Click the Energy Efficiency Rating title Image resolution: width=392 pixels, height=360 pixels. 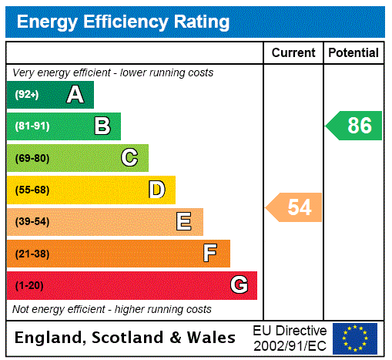pos(123,22)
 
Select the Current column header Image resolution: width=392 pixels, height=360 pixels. pos(293,52)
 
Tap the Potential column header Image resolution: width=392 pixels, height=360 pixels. pos(353,52)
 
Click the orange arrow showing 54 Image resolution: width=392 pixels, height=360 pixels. pos(295,207)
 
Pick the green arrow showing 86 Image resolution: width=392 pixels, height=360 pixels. pos(355,126)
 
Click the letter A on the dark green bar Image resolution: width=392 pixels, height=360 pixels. pos(75,95)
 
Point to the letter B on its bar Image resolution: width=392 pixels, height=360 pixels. pos(102,126)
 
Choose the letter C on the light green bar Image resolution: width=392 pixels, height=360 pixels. pos(129,158)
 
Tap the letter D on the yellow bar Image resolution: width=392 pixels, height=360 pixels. pos(156,190)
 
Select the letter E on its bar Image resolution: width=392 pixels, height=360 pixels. pos(184,222)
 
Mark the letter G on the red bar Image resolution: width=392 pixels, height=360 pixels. pos(239,285)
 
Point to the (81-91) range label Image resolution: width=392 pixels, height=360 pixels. pos(32,126)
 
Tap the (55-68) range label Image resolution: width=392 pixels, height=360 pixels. pos(32,190)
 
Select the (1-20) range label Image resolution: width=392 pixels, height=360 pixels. pos(29,286)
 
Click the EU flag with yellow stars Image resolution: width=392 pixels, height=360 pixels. pos(355,338)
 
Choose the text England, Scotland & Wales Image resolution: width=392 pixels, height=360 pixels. pos(126,338)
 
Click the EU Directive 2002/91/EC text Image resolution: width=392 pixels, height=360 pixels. pos(290,338)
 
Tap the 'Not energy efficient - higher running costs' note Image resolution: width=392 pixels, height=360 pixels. pos(112,309)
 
